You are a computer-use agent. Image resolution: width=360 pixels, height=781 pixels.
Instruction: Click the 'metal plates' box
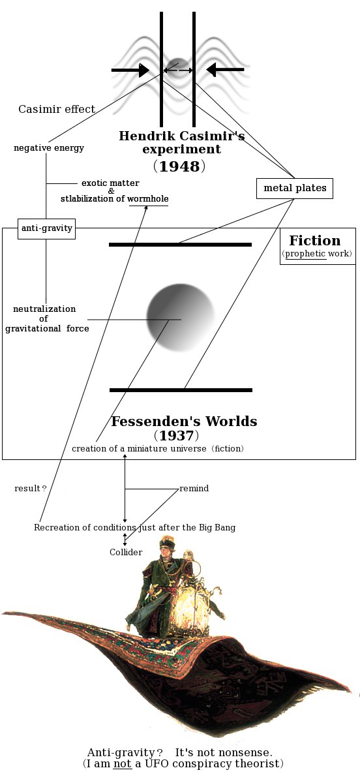(295, 189)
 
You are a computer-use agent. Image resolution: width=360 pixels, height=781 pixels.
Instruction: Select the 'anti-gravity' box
(46, 228)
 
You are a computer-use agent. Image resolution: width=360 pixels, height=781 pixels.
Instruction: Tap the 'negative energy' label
(49, 148)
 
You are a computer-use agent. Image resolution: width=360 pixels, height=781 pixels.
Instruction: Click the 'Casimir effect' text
(57, 109)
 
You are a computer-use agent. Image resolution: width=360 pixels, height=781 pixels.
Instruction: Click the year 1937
(176, 436)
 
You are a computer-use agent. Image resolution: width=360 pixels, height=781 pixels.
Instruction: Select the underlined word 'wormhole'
(148, 199)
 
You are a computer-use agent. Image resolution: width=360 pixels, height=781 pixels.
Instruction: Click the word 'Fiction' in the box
(315, 241)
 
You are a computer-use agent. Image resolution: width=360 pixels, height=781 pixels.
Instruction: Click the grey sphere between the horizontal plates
(180, 317)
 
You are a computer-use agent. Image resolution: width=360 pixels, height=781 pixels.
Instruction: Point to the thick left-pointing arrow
(225, 70)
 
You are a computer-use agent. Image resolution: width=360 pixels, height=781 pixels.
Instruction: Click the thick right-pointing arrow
(130, 70)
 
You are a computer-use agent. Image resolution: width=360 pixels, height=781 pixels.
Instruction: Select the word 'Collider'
(126, 552)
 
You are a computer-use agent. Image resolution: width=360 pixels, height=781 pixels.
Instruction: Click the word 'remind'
(194, 488)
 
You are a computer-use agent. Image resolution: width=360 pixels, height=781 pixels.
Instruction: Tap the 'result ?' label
(31, 489)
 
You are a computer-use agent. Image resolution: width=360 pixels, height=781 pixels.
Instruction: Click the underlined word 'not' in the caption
(123, 763)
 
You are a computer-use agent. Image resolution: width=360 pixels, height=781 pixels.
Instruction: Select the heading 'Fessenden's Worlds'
(184, 421)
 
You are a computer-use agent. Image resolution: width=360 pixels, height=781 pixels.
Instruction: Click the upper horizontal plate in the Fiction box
(180, 245)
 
